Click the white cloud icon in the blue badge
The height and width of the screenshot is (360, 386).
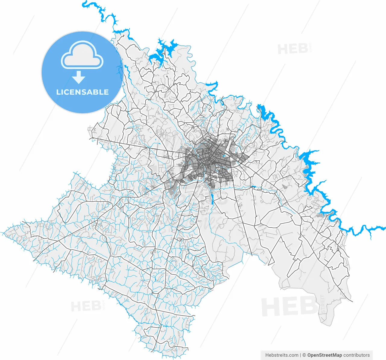pyautogui.click(x=82, y=55)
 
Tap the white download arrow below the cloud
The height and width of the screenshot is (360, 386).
pyautogui.click(x=79, y=77)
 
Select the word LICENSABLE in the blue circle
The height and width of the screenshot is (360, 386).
pyautogui.click(x=82, y=92)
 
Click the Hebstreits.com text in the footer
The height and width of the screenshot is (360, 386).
pyautogui.click(x=282, y=355)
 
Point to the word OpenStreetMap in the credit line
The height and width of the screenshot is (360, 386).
pyautogui.click(x=324, y=355)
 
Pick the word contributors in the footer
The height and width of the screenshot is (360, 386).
pyautogui.click(x=356, y=355)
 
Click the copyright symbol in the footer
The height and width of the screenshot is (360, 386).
pyautogui.click(x=304, y=355)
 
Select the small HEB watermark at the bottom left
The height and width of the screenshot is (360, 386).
pyautogui.click(x=86, y=306)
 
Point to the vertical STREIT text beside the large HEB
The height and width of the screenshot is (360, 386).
pyautogui.click(x=322, y=305)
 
